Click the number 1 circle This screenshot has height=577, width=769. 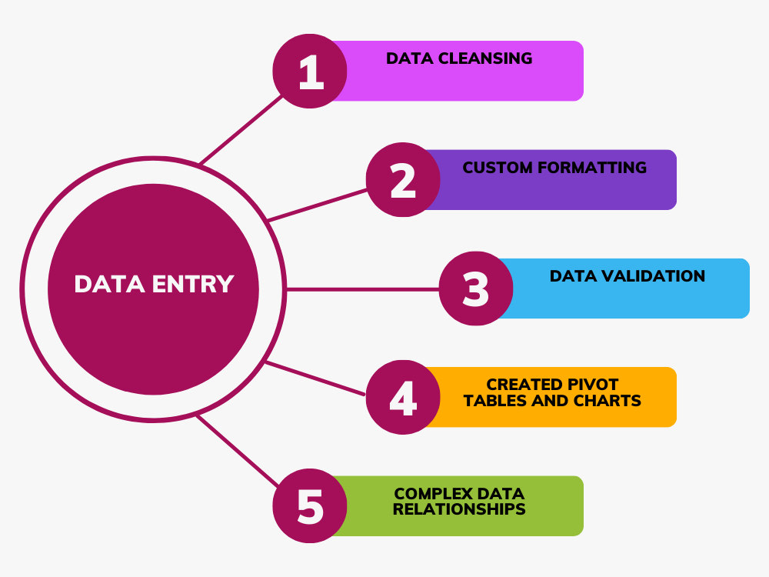(310, 71)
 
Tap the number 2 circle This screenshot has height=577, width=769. (403, 179)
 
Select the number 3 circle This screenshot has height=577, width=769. (476, 288)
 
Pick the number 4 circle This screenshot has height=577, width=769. (403, 397)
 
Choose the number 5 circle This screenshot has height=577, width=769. (310, 506)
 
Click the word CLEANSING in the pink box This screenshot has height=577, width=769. (485, 58)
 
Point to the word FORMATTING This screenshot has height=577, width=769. (592, 167)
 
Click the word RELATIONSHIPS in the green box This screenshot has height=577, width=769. (459, 509)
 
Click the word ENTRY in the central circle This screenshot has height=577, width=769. (193, 284)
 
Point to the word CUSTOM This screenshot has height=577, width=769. (498, 167)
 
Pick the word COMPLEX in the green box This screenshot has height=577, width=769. (427, 493)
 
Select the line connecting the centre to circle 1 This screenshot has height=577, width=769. (241, 130)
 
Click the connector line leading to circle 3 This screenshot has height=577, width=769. (362, 289)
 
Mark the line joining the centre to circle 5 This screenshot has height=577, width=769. (238, 451)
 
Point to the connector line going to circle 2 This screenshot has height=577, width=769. (318, 205)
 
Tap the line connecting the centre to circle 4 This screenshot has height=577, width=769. (315, 379)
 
